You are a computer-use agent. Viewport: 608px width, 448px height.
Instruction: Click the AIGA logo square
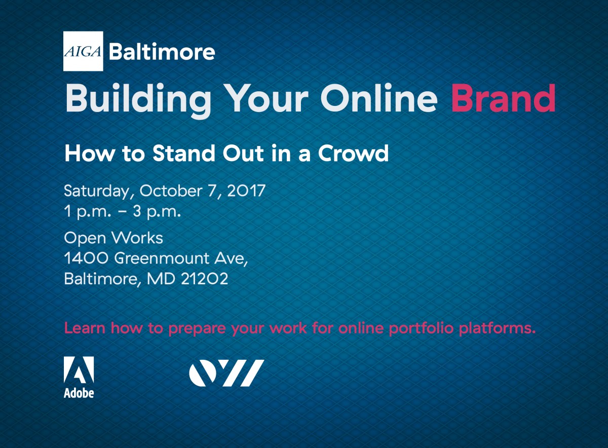point(83,51)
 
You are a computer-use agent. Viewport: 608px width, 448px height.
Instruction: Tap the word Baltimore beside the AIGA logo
point(162,52)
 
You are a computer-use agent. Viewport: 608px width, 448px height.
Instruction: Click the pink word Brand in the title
point(503,98)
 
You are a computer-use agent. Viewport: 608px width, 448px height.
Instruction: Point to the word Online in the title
point(379,98)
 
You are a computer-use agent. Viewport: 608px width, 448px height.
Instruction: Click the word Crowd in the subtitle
point(354,154)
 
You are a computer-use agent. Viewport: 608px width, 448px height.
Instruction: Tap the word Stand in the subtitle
point(184,154)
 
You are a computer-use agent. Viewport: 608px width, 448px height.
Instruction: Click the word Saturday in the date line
point(99,192)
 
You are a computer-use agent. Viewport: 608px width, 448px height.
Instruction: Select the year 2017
point(246,191)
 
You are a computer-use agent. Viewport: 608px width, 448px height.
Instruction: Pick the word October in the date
point(171,191)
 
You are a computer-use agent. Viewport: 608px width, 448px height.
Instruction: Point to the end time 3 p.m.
point(157,212)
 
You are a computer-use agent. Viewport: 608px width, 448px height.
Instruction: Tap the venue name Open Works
point(113,238)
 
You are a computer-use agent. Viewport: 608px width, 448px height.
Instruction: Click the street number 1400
point(86,258)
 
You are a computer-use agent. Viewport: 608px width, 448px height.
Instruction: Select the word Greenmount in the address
point(162,258)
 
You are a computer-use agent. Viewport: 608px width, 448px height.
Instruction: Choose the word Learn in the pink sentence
point(85,328)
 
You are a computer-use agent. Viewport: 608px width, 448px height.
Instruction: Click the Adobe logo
point(79,377)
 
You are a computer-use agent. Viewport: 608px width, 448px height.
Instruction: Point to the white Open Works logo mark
point(226,373)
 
